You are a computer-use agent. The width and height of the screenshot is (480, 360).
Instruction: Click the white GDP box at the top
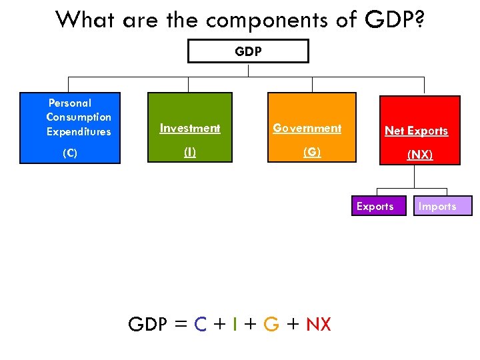click(248, 51)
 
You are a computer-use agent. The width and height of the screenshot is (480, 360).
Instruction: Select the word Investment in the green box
click(190, 128)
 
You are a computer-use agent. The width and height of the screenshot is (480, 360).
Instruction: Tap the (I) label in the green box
click(190, 152)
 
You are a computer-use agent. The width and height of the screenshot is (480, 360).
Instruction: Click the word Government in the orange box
click(307, 128)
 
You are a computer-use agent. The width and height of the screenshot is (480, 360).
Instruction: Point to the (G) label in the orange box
click(311, 152)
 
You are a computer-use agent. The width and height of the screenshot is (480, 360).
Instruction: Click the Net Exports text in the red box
click(417, 131)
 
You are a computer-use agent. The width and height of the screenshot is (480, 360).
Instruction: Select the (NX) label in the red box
click(420, 155)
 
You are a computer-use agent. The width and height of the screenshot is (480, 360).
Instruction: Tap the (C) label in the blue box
click(70, 153)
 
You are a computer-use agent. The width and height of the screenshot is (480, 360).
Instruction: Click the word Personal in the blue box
click(70, 103)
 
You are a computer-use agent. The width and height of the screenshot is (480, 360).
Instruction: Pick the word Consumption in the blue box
click(79, 117)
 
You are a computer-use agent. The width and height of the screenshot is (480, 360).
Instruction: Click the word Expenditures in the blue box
click(79, 131)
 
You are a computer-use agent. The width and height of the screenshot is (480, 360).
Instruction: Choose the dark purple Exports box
click(375, 206)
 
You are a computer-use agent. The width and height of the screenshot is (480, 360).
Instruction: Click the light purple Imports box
click(437, 206)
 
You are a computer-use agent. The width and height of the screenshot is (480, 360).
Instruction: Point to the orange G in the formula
click(271, 325)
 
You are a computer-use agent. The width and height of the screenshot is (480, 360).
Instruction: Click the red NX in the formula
click(318, 325)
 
